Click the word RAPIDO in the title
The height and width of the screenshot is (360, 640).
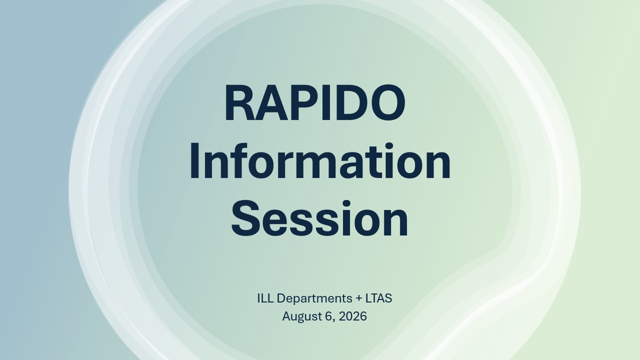pos(315,102)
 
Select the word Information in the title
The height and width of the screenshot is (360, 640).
pos(320,161)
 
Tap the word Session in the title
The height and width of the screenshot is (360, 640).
pos(319,219)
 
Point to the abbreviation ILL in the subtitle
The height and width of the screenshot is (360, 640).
pos(265,298)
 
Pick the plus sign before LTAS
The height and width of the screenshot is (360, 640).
pos(359,299)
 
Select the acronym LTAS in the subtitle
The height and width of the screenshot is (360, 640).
pos(378,298)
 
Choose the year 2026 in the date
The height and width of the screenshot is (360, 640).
pos(352,316)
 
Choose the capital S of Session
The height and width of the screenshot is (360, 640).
pos(246,219)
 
